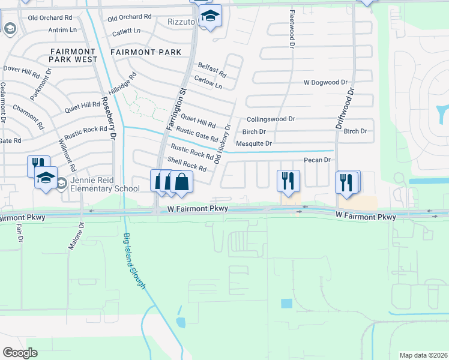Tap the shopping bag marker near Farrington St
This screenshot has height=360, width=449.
[181, 181]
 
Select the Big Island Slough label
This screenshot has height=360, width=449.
[134, 260]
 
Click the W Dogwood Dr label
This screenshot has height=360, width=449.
[325, 82]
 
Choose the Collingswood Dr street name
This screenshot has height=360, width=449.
[271, 119]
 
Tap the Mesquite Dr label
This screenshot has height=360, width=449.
[254, 143]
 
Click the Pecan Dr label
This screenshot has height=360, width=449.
[318, 160]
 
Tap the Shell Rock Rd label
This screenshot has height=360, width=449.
[187, 165]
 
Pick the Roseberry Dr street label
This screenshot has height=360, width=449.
[108, 118]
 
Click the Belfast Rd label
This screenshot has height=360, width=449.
[211, 70]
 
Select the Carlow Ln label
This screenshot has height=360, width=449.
[208, 82]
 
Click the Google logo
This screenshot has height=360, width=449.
[20, 352]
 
